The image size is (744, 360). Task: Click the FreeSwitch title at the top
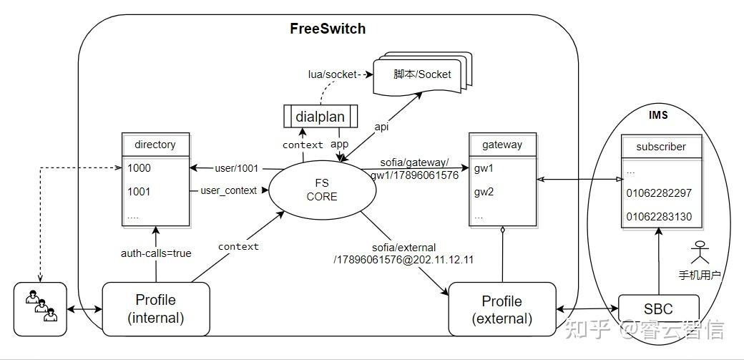pyautogui.click(x=328, y=29)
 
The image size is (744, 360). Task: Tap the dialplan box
pyautogui.click(x=320, y=116)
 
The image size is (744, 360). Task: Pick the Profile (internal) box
pyautogui.click(x=156, y=308)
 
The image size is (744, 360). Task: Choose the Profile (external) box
pyautogui.click(x=502, y=309)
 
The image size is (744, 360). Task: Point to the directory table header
pyautogui.click(x=155, y=145)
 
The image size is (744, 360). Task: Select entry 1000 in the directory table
pyautogui.click(x=139, y=168)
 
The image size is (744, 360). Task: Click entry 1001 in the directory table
pyautogui.click(x=139, y=192)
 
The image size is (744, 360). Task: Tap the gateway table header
pyautogui.click(x=502, y=145)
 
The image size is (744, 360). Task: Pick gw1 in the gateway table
pyautogui.click(x=484, y=168)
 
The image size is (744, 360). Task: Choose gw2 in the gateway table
pyautogui.click(x=484, y=192)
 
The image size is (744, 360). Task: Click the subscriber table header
pyautogui.click(x=661, y=147)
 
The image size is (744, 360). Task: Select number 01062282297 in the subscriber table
pyautogui.click(x=659, y=193)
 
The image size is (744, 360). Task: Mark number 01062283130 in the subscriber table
pyautogui.click(x=659, y=217)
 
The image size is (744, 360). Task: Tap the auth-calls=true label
pyautogui.click(x=155, y=253)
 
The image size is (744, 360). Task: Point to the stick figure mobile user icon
pyautogui.click(x=700, y=253)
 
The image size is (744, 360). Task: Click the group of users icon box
pyautogui.click(x=40, y=308)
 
